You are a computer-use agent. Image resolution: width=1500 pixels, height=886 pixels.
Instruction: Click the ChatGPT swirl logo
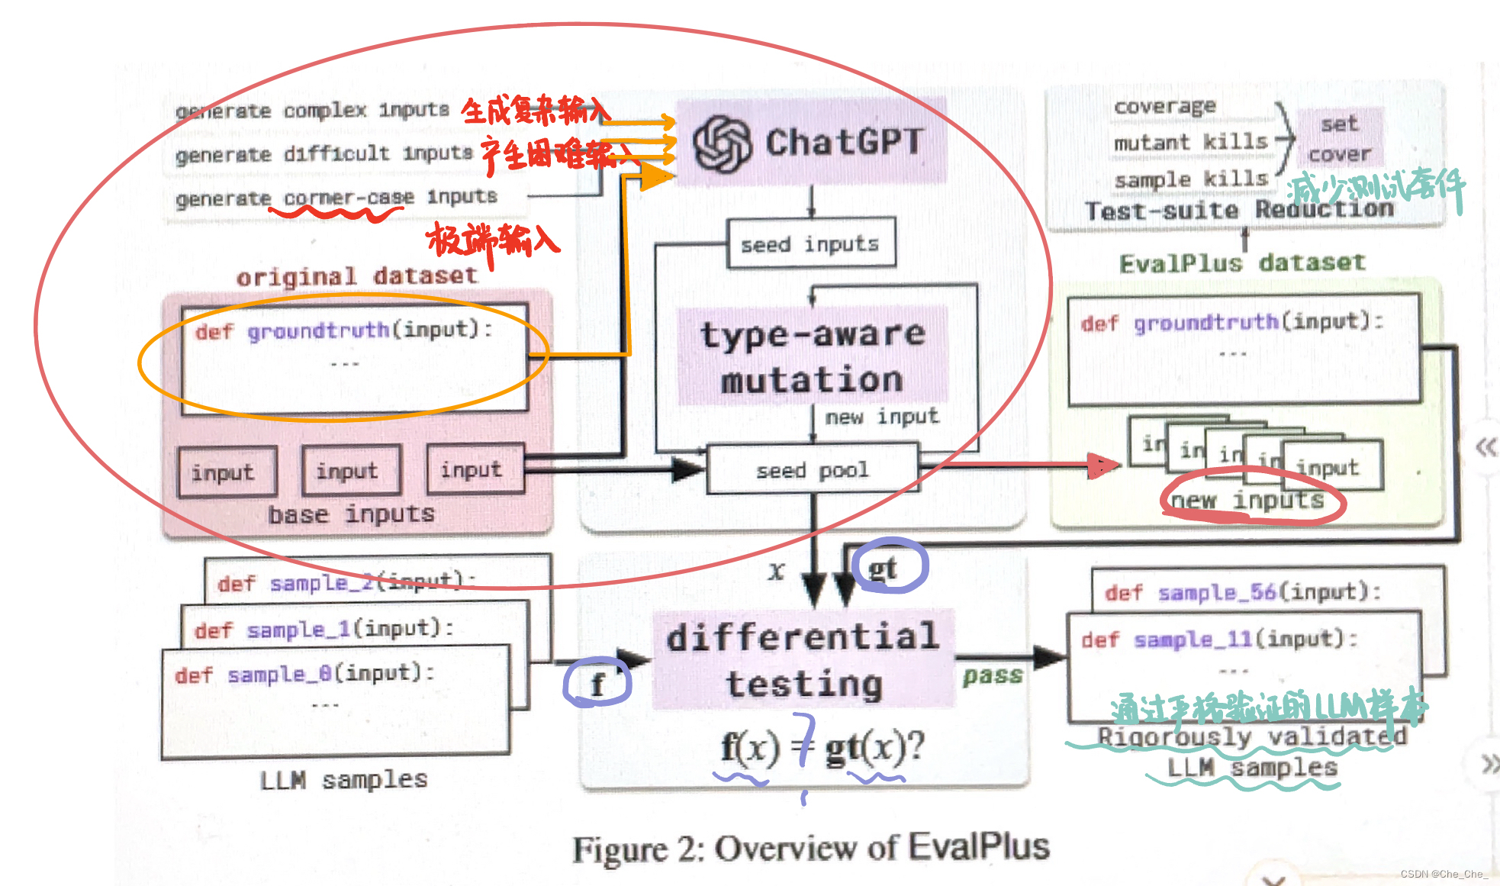coord(722,143)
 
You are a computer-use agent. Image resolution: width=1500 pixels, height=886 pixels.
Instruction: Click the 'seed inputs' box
coord(810,244)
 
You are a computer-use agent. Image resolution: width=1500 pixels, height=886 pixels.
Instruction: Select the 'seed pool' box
coord(813,470)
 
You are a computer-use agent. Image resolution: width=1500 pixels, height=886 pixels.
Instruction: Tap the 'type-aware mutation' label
coord(813,356)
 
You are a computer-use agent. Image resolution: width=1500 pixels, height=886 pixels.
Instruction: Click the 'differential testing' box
coord(803,660)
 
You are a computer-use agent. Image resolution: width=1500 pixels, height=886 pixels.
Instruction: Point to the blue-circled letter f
coord(597,684)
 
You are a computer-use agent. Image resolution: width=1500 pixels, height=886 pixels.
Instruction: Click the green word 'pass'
coord(992,675)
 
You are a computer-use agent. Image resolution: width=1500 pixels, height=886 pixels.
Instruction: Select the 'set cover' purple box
coord(1340,139)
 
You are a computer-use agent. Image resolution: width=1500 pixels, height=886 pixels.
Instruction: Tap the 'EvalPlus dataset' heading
coord(1241,263)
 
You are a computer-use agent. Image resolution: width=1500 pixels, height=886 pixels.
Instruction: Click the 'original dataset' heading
coord(356,276)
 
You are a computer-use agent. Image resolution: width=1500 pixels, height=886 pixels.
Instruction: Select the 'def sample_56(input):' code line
coord(1243,592)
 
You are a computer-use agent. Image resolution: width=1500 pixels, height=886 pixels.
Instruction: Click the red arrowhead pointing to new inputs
coord(1102,464)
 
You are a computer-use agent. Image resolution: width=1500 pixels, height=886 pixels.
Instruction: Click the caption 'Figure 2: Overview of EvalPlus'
coord(811,848)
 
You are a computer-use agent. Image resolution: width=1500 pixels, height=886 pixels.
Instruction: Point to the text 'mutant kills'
coord(1190,142)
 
